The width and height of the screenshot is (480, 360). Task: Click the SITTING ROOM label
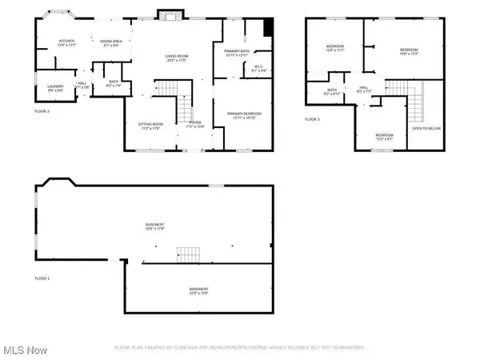click(150, 125)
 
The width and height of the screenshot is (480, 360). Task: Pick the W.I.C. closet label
click(258, 67)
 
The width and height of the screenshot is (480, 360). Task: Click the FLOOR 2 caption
click(42, 111)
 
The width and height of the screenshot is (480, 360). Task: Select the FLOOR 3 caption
click(313, 119)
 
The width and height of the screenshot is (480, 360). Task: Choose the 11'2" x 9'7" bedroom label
click(385, 136)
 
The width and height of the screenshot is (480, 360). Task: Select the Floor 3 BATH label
click(331, 91)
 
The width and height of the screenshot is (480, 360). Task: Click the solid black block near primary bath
click(269, 26)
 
